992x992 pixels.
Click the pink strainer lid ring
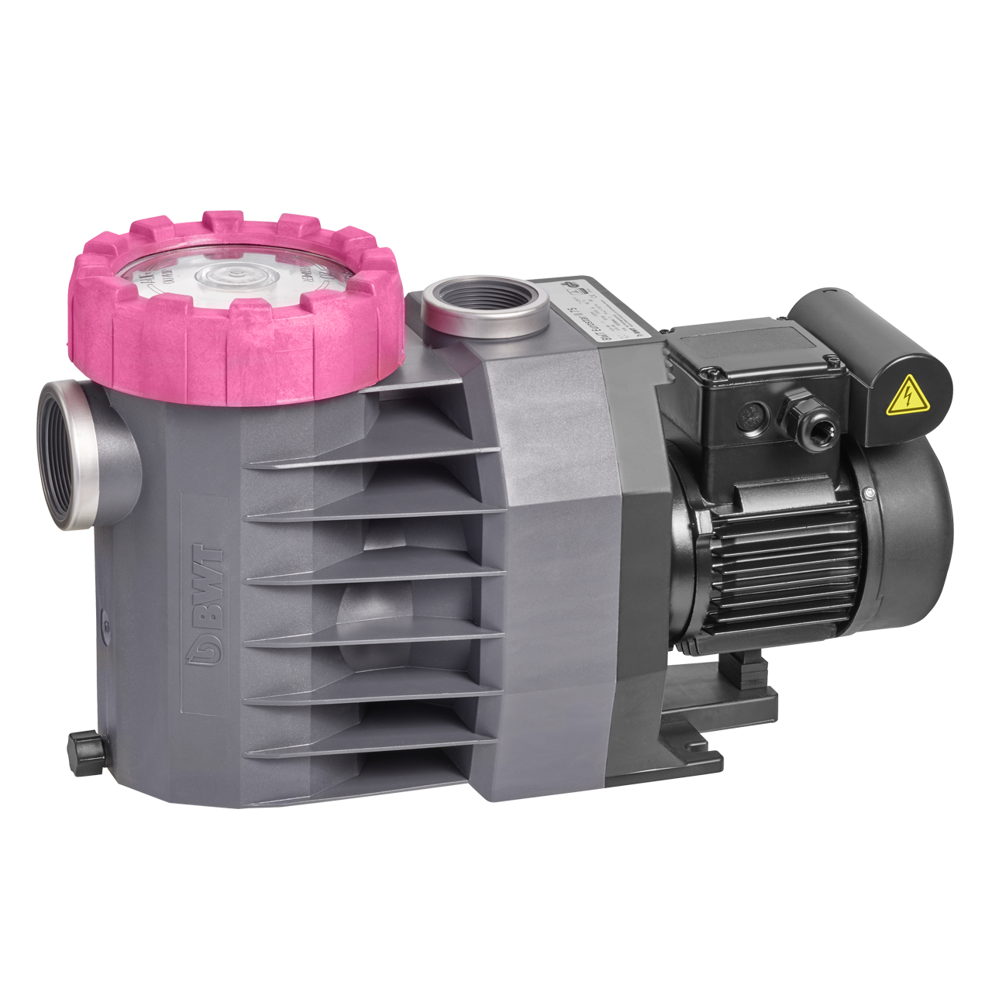click(232, 349)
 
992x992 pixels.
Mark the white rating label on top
click(598, 307)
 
